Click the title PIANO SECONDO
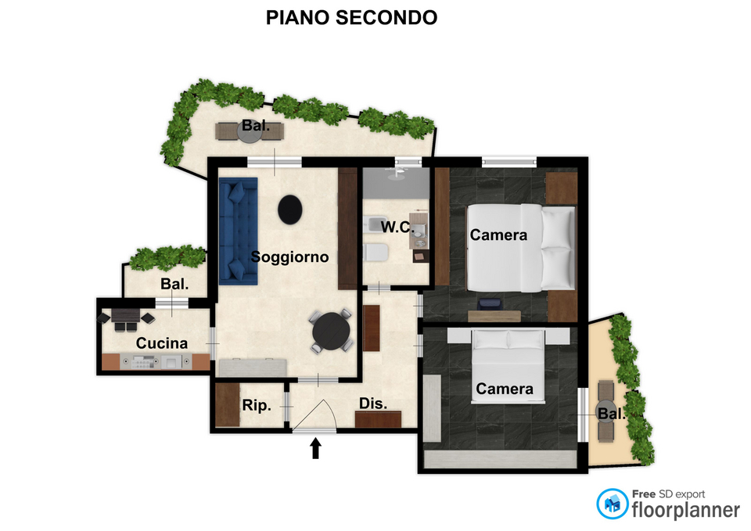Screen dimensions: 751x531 [351, 18]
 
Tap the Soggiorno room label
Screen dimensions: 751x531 [289, 257]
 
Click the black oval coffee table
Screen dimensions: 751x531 [289, 210]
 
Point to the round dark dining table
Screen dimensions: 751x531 [331, 332]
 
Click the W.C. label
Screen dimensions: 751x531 [397, 227]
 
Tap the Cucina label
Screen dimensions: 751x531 [162, 343]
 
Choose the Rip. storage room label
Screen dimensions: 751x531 [257, 406]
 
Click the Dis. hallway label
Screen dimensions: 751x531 [373, 404]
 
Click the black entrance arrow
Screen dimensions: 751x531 [315, 449]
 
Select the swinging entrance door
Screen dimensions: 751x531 [314, 415]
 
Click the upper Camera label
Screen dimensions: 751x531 [498, 235]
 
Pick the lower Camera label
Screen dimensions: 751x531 [505, 389]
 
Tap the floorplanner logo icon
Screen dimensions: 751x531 [612, 504]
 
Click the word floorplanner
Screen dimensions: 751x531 [685, 510]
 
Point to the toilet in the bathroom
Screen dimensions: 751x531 [375, 253]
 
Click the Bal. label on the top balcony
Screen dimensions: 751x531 [255, 125]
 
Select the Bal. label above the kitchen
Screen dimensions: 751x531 [174, 284]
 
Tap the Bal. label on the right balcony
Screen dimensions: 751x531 [612, 413]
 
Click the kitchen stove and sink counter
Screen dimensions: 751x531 [156, 361]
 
